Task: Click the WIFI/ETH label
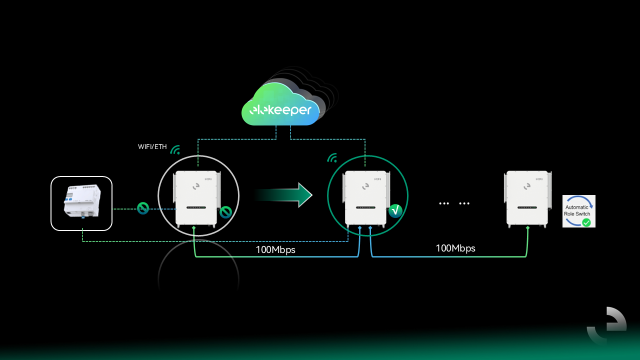tap(152, 147)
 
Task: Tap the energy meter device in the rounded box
tap(81, 203)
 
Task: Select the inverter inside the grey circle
tap(196, 198)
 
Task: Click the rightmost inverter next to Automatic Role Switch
tap(528, 198)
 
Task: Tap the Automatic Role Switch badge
tap(578, 211)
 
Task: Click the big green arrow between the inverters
tap(285, 194)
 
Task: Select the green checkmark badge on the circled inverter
tap(395, 210)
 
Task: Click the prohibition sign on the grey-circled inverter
tap(225, 212)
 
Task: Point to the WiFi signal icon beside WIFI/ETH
tap(175, 149)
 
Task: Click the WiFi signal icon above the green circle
tap(332, 158)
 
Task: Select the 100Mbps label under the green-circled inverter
tap(275, 250)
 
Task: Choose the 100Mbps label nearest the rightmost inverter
tap(455, 248)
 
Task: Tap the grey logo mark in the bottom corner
tap(606, 325)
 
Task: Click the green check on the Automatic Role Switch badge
tap(586, 222)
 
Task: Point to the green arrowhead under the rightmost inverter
tap(528, 228)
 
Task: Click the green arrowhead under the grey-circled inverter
tap(194, 228)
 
